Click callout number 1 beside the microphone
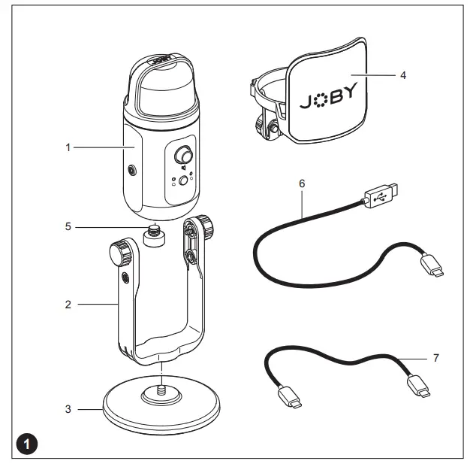[x=67, y=147]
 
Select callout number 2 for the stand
[x=67, y=305]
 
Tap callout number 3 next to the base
[x=67, y=410]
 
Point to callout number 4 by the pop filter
[x=403, y=76]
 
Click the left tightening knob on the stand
[x=122, y=252]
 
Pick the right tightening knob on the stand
[x=203, y=226]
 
